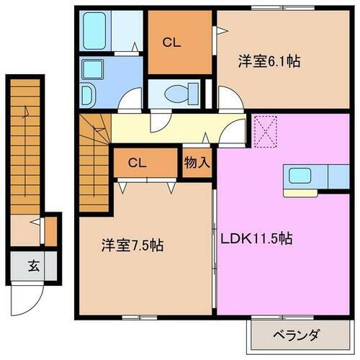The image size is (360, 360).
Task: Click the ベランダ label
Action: click(295, 335)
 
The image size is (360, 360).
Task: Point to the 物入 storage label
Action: click(196, 163)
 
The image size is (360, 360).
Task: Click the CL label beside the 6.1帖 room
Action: click(171, 42)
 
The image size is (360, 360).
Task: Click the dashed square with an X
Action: click(265, 130)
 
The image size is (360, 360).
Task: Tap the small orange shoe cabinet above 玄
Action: click(50, 230)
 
